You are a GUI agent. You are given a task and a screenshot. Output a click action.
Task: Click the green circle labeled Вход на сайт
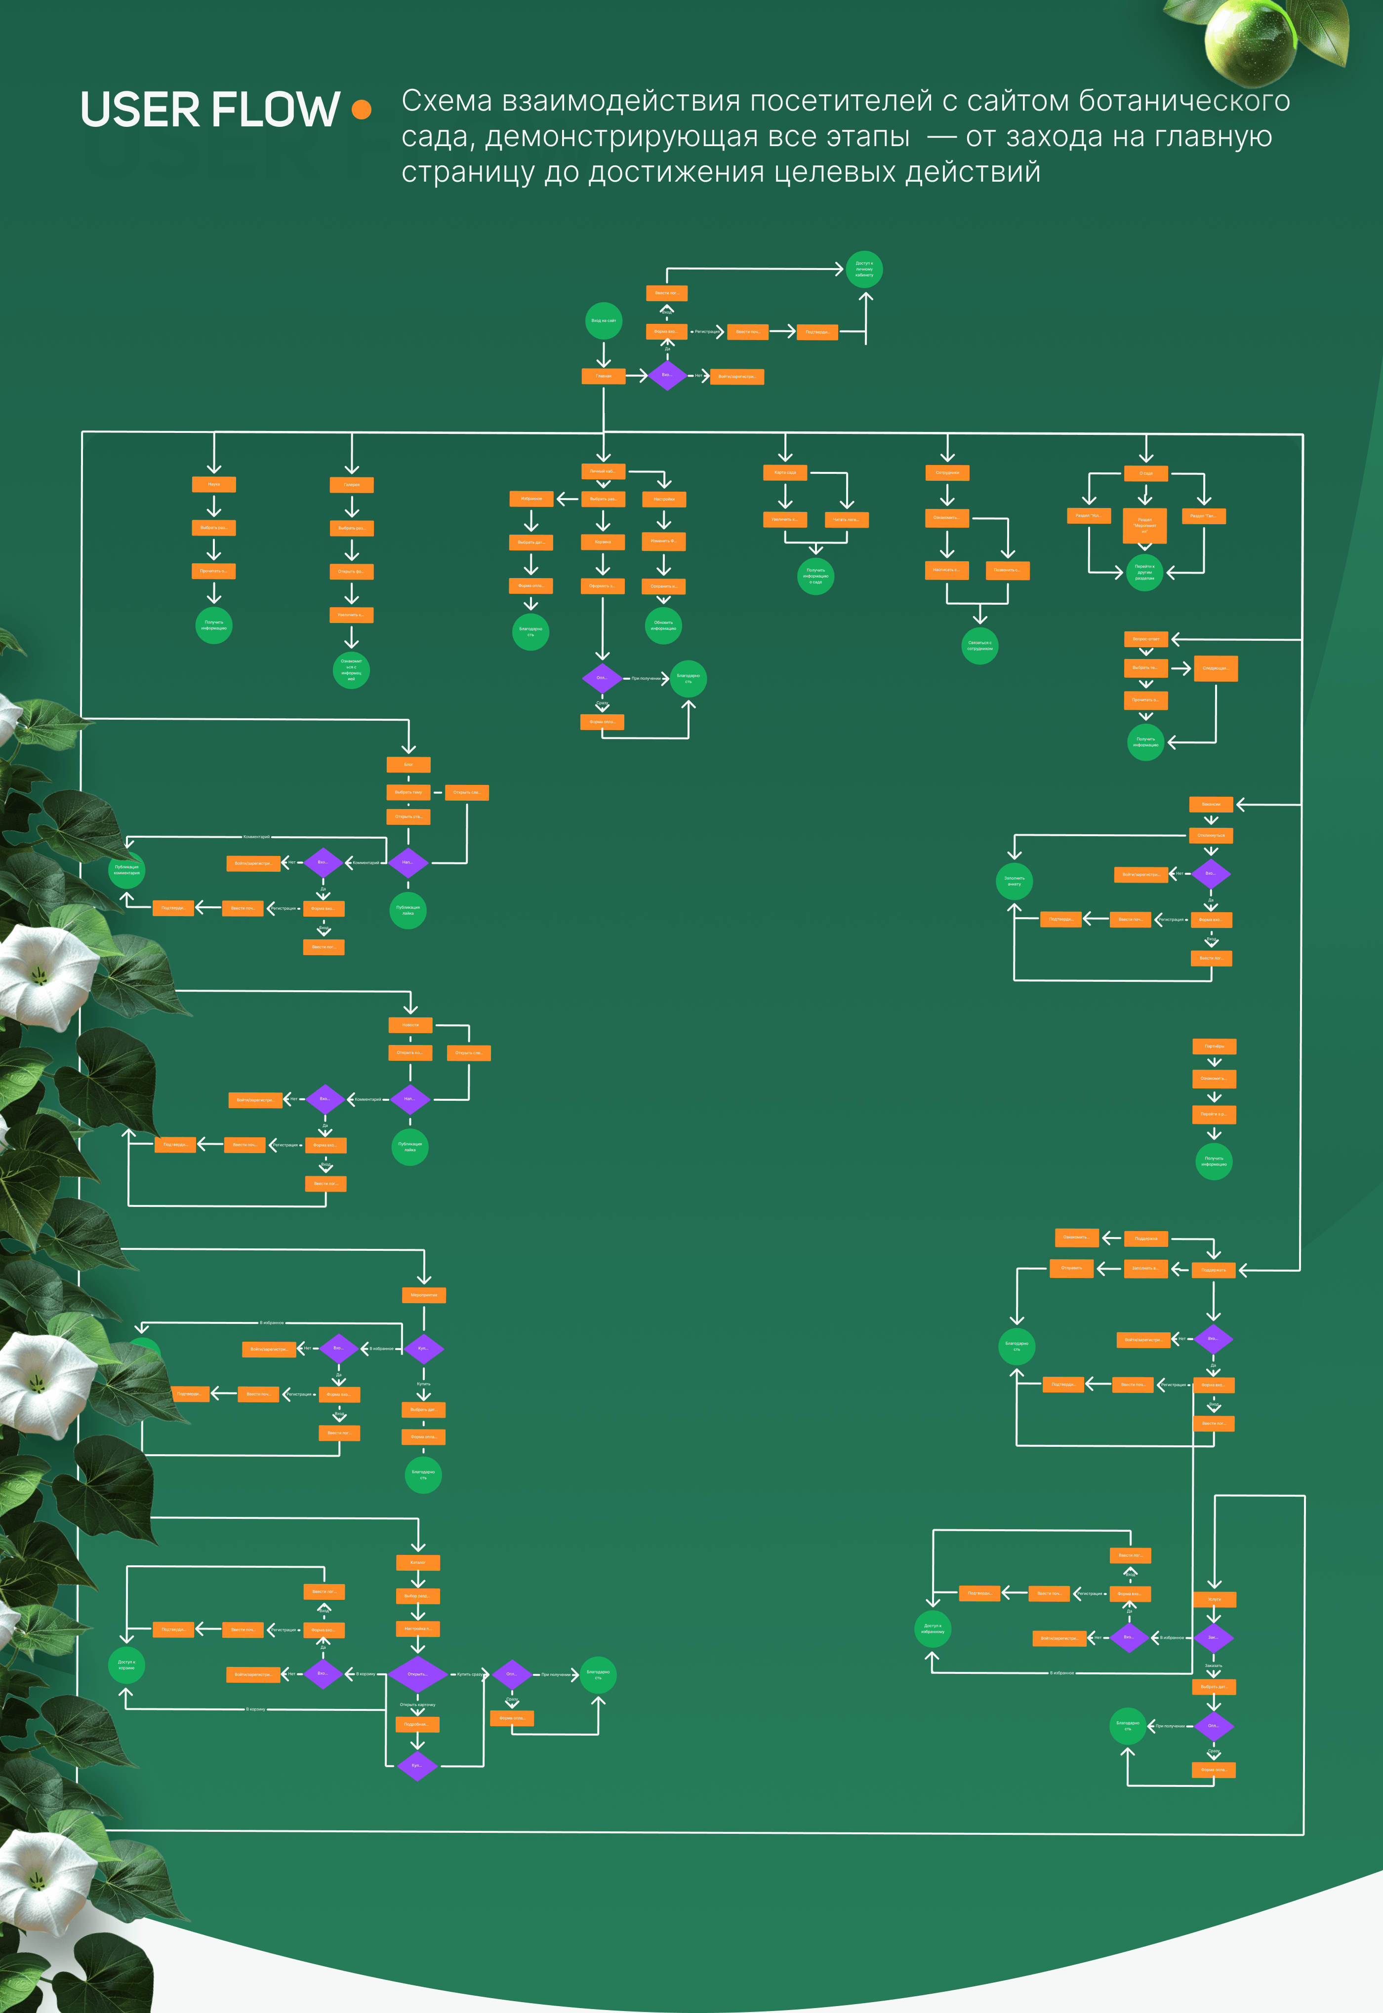[603, 320]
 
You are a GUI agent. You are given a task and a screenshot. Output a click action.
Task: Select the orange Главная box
[603, 376]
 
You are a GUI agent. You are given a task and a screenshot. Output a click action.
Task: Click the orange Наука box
[213, 484]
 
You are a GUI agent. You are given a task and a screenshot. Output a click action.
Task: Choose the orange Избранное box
[531, 499]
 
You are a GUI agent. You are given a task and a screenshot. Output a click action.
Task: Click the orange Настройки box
[664, 499]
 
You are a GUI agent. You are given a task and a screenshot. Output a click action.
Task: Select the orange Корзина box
[602, 542]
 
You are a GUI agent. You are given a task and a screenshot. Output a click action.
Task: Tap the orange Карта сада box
[785, 472]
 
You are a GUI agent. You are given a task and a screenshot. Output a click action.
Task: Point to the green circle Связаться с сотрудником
[979, 645]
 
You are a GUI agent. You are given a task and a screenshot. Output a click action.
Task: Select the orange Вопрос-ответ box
[1145, 638]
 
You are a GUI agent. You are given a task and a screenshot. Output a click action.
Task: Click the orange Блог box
[408, 764]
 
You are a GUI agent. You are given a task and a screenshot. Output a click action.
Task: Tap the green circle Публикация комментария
[126, 870]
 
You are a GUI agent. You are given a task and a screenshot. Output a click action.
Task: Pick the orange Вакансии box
[1211, 804]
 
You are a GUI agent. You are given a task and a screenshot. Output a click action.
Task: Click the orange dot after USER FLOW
[362, 109]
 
